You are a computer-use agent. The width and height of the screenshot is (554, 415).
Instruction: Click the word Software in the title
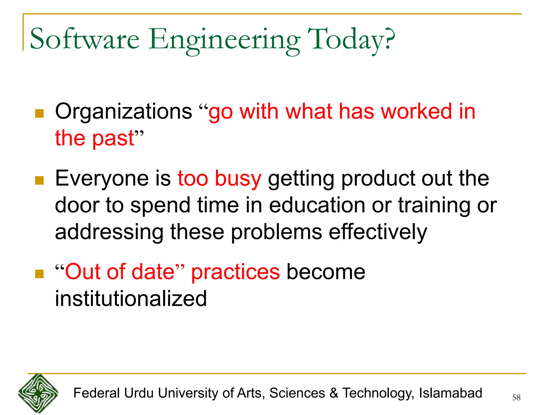coord(84,39)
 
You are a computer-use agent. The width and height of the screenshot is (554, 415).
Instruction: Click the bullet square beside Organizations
coord(39,113)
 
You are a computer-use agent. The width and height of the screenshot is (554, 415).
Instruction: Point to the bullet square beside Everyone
coord(39,180)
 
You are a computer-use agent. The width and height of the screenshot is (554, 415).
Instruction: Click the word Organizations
coord(123,112)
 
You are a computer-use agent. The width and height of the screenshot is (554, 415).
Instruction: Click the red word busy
coord(238,179)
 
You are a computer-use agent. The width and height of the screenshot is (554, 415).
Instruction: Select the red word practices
coord(235,272)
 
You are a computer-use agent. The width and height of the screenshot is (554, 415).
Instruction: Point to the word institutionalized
coord(131,299)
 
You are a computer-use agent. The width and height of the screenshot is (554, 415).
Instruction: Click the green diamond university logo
coord(38,393)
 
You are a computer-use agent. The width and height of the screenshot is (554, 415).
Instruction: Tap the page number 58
coord(516,397)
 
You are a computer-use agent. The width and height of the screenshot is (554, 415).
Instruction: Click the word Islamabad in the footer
coord(450,393)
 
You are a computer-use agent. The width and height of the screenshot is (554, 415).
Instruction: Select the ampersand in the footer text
coord(334,393)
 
